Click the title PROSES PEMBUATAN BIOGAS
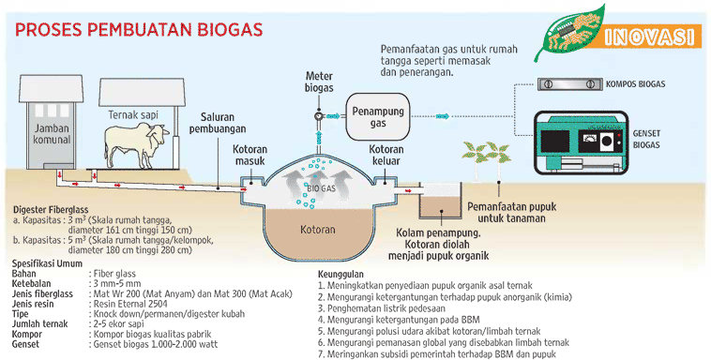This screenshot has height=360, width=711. [x=138, y=27]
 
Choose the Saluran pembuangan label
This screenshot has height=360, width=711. [x=221, y=123]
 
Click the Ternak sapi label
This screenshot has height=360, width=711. [x=130, y=113]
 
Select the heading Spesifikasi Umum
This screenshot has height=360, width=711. [x=47, y=263]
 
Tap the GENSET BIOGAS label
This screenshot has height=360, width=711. [x=646, y=140]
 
